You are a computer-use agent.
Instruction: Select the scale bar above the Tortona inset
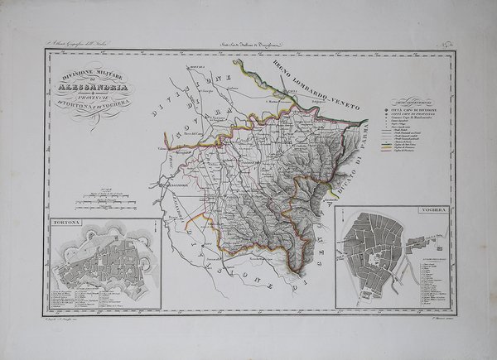(100, 199)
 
